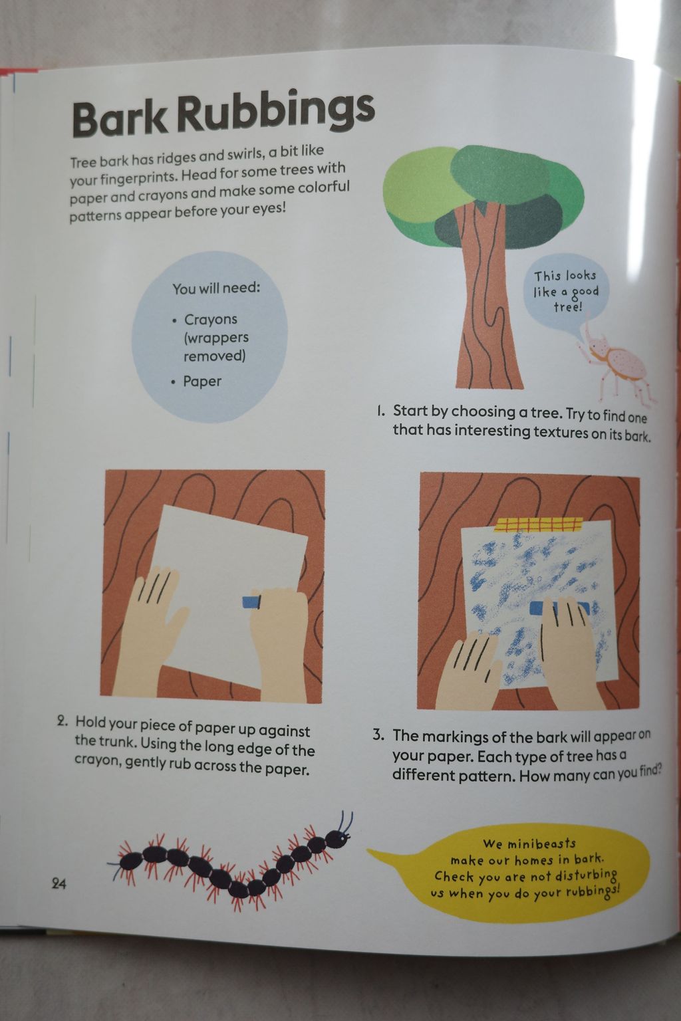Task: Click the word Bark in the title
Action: [x=120, y=118]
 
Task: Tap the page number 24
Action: [x=59, y=884]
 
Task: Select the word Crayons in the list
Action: [x=211, y=320]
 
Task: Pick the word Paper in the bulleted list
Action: [x=202, y=381]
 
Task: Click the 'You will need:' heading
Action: [x=215, y=288]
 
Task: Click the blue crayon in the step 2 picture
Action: [x=251, y=602]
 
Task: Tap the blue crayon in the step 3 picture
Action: [x=559, y=608]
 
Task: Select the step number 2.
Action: [x=62, y=721]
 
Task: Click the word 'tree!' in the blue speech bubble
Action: [x=568, y=307]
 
